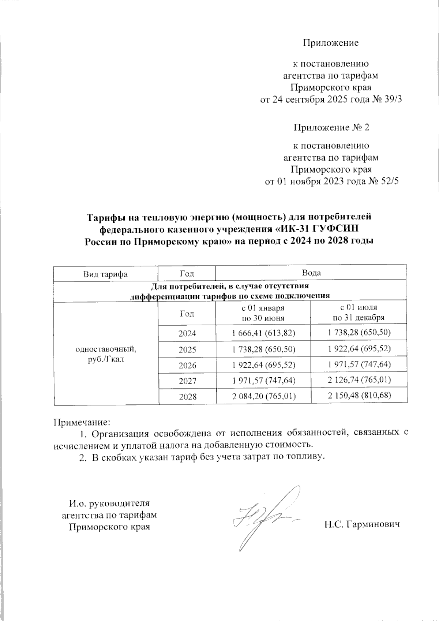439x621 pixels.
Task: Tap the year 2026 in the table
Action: pos(187,365)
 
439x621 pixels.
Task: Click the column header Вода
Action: pos(311,273)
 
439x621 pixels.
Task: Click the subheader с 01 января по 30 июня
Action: pos(263,313)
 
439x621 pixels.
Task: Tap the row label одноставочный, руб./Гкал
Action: pos(106,354)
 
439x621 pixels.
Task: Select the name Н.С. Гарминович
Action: pos(361,524)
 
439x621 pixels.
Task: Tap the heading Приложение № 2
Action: pos(331,128)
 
